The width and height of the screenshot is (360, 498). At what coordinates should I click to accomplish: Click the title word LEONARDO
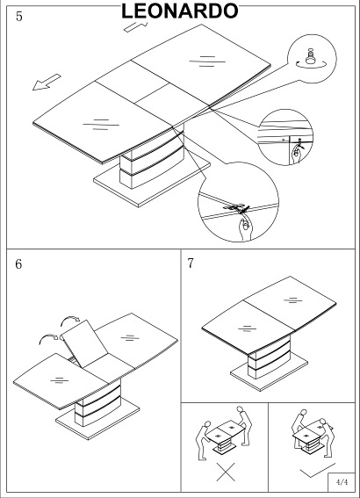point(180,11)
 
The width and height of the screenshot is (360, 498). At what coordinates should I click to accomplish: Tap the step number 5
point(19,17)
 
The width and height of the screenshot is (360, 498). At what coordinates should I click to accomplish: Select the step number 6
point(18,263)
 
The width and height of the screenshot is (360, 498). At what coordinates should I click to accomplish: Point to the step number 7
point(191,263)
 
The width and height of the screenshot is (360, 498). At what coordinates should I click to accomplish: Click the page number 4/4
point(342,482)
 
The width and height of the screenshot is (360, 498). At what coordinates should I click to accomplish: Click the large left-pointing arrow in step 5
point(47,83)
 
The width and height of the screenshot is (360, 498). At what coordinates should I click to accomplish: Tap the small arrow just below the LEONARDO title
point(135,26)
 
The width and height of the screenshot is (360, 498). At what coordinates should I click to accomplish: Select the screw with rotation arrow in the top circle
point(311,59)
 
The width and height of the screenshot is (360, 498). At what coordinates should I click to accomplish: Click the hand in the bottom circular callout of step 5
point(245,227)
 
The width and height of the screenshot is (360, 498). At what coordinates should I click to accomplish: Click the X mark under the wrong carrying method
point(226,472)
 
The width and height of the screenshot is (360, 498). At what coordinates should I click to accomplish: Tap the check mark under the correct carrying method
point(317,470)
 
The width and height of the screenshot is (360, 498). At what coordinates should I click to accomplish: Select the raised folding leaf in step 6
point(84,343)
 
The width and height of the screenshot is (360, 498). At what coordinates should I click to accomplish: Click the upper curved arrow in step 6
point(70,320)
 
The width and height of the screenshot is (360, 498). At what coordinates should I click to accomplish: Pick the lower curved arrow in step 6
point(48,338)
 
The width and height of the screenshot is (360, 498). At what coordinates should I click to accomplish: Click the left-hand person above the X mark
point(203,440)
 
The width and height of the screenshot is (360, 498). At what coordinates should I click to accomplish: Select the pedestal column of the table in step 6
point(97,403)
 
